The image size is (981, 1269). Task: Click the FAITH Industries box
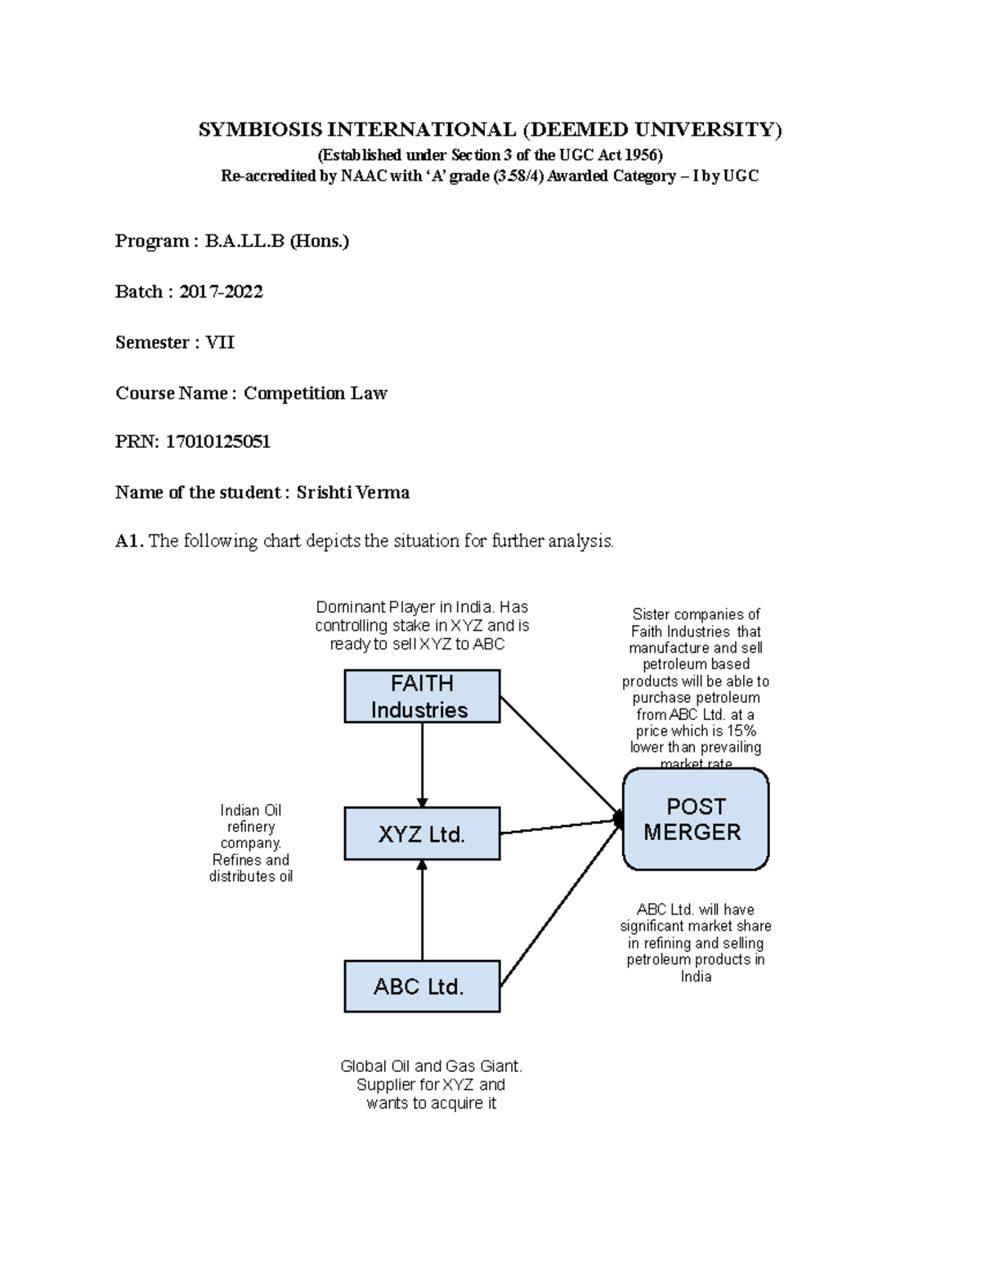pyautogui.click(x=422, y=696)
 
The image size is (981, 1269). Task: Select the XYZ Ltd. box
pyautogui.click(x=422, y=833)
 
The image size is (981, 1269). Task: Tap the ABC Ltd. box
pyautogui.click(x=422, y=986)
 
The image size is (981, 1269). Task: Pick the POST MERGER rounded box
pyautogui.click(x=695, y=819)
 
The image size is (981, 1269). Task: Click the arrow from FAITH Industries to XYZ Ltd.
pyautogui.click(x=423, y=765)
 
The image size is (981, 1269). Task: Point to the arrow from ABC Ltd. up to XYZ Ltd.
pyautogui.click(x=423, y=910)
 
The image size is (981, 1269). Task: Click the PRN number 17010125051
pyautogui.click(x=217, y=442)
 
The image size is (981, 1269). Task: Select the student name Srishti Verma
pyautogui.click(x=352, y=493)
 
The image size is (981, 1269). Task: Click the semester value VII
pyautogui.click(x=219, y=342)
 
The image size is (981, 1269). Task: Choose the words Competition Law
pyautogui.click(x=315, y=393)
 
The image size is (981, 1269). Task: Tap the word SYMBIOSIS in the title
pyautogui.click(x=260, y=129)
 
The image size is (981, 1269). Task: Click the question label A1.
pyautogui.click(x=129, y=541)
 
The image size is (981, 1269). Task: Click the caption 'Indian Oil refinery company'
pyautogui.click(x=250, y=826)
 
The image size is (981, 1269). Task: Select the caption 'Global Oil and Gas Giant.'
pyautogui.click(x=431, y=1066)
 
